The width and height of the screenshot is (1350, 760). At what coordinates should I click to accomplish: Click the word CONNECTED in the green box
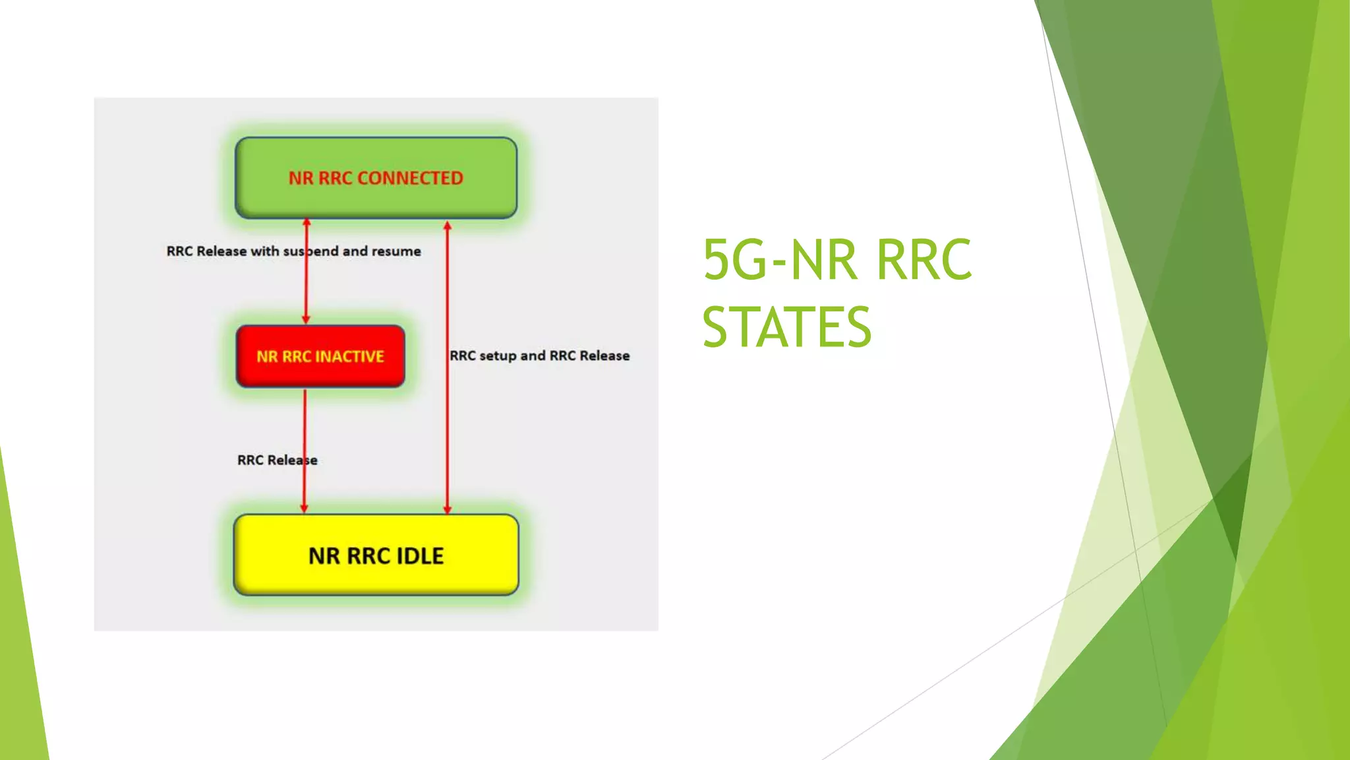click(410, 178)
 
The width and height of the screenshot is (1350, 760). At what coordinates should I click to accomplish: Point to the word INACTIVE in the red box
click(349, 357)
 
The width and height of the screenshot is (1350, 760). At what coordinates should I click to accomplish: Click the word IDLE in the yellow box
click(420, 556)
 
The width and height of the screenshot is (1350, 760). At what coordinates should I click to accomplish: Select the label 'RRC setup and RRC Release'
click(539, 356)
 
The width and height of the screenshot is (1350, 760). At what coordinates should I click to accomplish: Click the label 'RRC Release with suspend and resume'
click(293, 251)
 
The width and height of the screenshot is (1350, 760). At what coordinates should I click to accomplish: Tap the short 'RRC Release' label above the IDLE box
click(277, 460)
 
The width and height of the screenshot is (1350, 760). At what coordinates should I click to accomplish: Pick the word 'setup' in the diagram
click(498, 356)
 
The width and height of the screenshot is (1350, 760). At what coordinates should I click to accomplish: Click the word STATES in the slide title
click(787, 327)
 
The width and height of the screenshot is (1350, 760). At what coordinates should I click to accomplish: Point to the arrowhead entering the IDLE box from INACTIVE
click(304, 509)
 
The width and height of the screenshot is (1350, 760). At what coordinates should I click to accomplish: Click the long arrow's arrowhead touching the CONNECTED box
click(447, 226)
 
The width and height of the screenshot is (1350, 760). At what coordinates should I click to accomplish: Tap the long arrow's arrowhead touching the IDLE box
click(447, 509)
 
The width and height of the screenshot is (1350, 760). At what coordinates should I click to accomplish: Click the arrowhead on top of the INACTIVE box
click(306, 319)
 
